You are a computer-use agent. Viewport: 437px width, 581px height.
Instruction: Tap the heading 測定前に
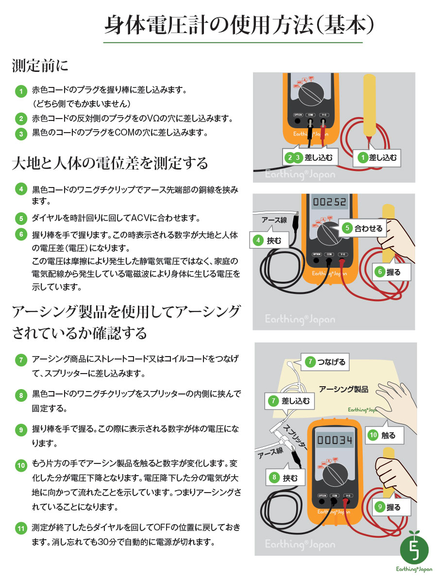pyautogui.click(x=40, y=66)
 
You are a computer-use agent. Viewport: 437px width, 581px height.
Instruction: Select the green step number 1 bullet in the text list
pyautogui.click(x=21, y=91)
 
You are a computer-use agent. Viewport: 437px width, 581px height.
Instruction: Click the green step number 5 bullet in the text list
pyautogui.click(x=21, y=218)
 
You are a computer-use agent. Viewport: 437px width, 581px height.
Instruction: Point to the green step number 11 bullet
pyautogui.click(x=21, y=528)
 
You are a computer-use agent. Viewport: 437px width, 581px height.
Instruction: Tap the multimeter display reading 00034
pyautogui.click(x=335, y=441)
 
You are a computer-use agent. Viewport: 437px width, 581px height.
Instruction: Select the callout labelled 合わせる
pyautogui.click(x=363, y=228)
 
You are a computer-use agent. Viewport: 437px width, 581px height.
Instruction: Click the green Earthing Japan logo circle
pyautogui.click(x=414, y=548)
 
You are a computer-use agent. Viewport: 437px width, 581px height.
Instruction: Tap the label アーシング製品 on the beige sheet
pyautogui.click(x=343, y=389)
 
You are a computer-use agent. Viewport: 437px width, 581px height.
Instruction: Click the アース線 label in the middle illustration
pyautogui.click(x=275, y=220)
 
